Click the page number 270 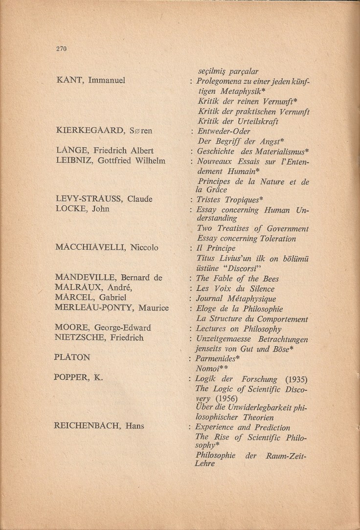[x=61, y=48]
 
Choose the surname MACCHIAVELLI [x=91, y=247]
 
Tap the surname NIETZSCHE [x=79, y=337]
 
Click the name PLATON [x=72, y=357]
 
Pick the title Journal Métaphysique [x=236, y=299]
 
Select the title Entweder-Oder [x=224, y=131]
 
